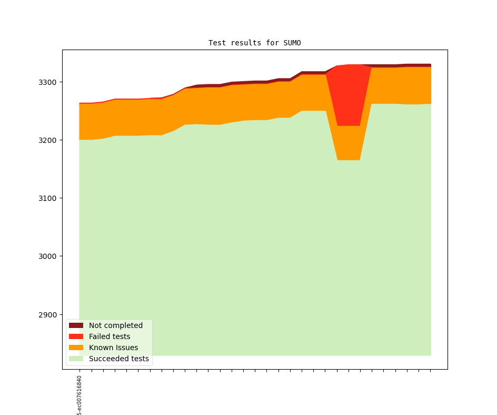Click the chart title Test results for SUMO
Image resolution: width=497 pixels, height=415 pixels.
point(254,43)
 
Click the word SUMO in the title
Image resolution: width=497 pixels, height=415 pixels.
point(292,43)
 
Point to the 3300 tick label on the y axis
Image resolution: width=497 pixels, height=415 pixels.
point(49,82)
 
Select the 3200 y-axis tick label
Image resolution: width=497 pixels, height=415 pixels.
point(49,140)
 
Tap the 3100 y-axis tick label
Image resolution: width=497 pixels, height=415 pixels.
point(49,198)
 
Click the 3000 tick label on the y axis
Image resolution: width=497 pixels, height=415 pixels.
point(49,256)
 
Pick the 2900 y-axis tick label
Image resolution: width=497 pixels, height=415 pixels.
point(49,315)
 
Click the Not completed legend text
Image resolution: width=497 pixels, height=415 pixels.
point(115,325)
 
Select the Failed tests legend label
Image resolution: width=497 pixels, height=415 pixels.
point(110,336)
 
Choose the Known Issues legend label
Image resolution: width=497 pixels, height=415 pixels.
point(113,348)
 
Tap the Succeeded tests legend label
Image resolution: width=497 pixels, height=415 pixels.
point(118,359)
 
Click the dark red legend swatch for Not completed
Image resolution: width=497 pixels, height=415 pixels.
point(76,325)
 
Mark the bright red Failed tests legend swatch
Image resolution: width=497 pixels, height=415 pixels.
point(76,336)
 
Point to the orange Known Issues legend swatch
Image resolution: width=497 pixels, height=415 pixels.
point(76,348)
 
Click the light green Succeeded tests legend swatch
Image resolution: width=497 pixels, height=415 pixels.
point(76,359)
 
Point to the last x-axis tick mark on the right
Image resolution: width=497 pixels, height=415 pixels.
point(431,370)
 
